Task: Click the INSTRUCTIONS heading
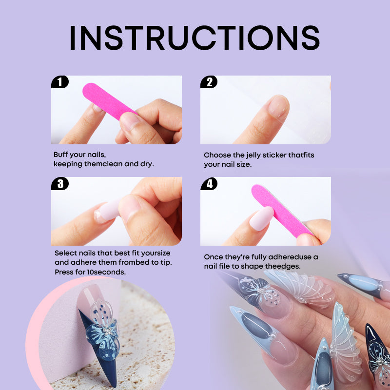(x=195, y=38)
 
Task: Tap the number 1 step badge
(x=59, y=82)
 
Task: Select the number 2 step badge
(x=209, y=82)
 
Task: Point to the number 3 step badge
(x=59, y=184)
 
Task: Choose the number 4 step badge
(x=209, y=184)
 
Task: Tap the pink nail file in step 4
(x=281, y=211)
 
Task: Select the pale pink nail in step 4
(x=261, y=218)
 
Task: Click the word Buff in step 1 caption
(x=60, y=155)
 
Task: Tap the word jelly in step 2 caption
(x=253, y=156)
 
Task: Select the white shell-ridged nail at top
(x=301, y=289)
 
